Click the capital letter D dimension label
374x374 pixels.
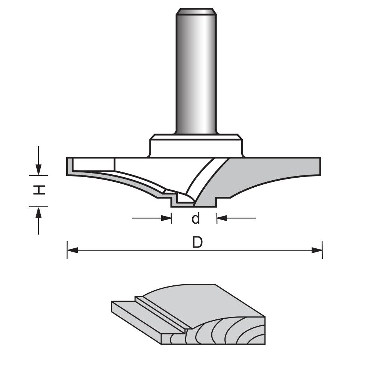pos(197,243)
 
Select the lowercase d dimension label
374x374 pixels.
pos(196,218)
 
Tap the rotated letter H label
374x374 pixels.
pos(39,190)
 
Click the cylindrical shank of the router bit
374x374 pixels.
pos(196,75)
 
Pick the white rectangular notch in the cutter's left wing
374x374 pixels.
pos(93,164)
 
